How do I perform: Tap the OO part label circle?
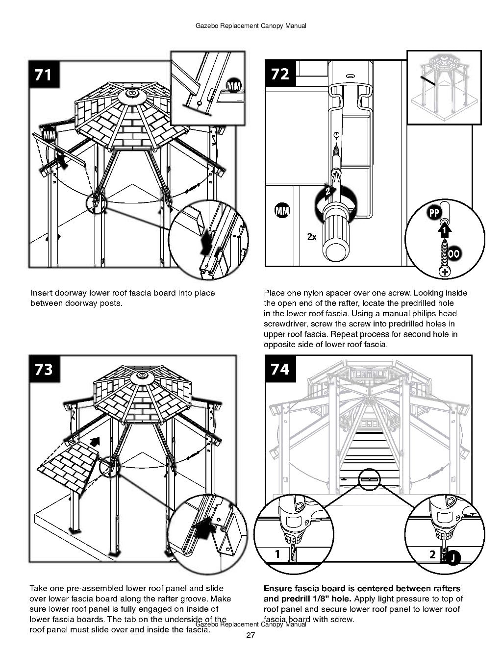coord(454,253)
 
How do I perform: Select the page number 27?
coord(251,636)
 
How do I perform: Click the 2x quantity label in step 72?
coord(312,237)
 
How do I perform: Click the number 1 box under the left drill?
coord(277,554)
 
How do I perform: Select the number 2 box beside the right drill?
coord(432,554)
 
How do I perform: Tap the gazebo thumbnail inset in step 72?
coord(439,87)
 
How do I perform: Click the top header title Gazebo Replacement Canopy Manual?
coord(251,26)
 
